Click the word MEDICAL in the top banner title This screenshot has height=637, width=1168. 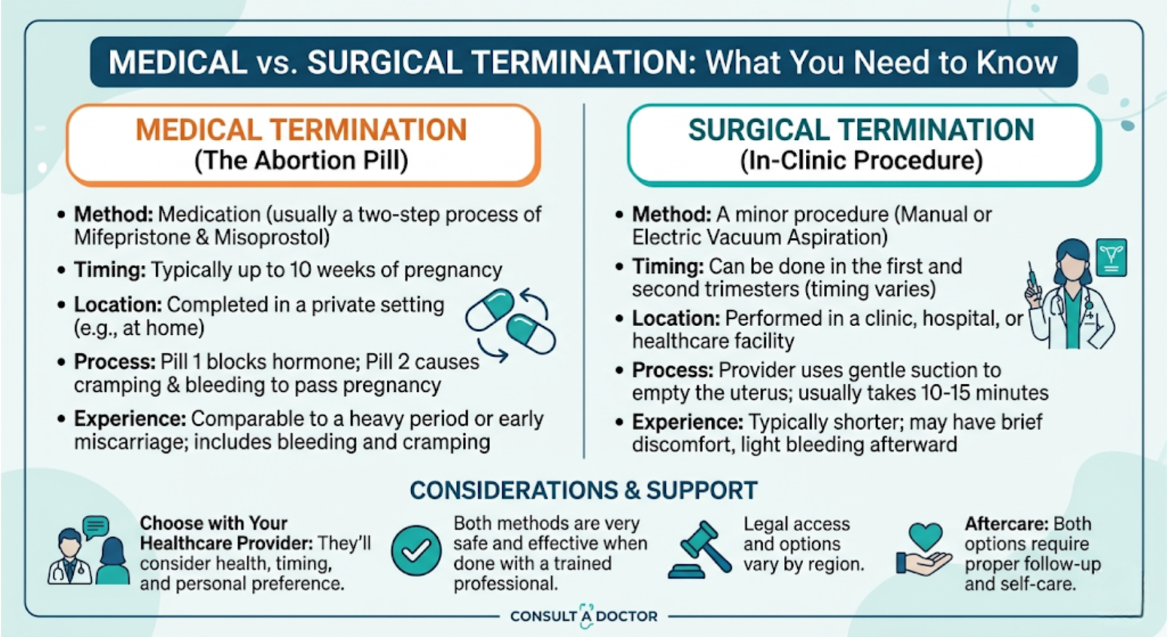[178, 62]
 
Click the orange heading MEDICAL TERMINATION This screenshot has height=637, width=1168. [301, 130]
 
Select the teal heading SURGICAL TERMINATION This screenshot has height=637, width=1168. [861, 130]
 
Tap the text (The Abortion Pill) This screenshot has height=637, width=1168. [301, 160]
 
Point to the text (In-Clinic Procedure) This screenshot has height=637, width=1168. [861, 160]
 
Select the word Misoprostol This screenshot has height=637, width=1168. [272, 238]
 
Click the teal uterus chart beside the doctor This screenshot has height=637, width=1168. [1111, 258]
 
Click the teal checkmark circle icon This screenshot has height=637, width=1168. [416, 550]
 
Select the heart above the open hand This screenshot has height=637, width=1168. [926, 536]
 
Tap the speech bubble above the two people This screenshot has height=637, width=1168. [96, 528]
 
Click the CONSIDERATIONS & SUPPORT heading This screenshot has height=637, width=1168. [583, 490]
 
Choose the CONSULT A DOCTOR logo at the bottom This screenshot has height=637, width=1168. [583, 616]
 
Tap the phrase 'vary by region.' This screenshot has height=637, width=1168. [804, 564]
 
